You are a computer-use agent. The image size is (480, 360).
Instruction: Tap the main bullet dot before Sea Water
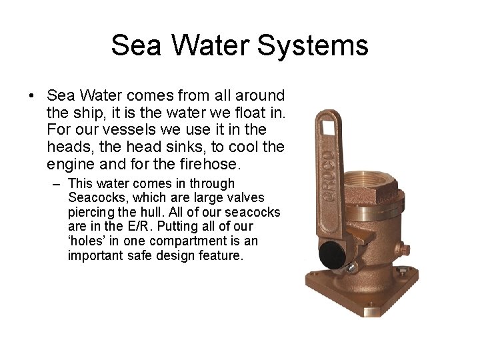point(32,97)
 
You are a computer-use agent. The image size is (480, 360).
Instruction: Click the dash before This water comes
point(57,183)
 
